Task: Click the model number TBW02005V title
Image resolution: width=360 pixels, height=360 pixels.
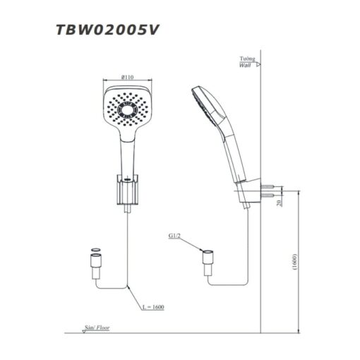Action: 107,30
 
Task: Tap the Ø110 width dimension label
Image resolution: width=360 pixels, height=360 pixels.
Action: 127,77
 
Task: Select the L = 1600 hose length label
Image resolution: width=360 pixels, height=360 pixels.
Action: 153,307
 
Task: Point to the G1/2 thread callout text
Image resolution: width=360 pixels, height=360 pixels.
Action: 174,236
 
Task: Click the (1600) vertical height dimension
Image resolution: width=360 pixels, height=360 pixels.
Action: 295,262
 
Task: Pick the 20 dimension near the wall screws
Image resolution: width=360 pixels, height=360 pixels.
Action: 280,203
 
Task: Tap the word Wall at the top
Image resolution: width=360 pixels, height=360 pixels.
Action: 245,65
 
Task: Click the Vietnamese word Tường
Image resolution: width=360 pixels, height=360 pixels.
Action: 247,59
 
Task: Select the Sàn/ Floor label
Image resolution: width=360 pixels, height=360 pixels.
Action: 97,328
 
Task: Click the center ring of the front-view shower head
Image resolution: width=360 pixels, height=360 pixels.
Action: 127,110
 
